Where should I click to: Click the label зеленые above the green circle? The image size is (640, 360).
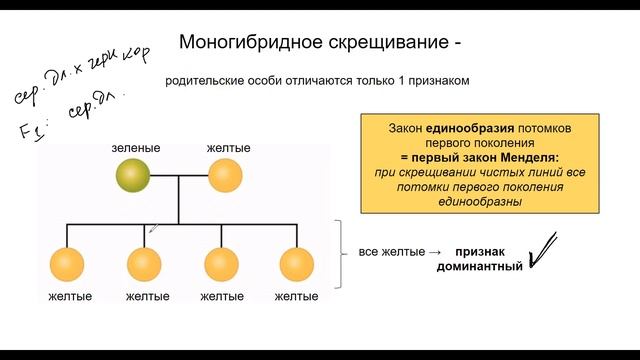click(x=136, y=149)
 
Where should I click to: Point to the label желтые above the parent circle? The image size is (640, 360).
click(x=228, y=149)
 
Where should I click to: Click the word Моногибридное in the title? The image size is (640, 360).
click(x=241, y=42)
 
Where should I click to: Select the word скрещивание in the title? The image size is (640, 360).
click(x=375, y=42)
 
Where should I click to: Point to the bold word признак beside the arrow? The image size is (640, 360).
click(x=487, y=252)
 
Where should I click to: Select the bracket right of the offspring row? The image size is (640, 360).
click(x=338, y=255)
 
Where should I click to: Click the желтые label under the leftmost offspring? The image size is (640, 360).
click(x=70, y=297)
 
